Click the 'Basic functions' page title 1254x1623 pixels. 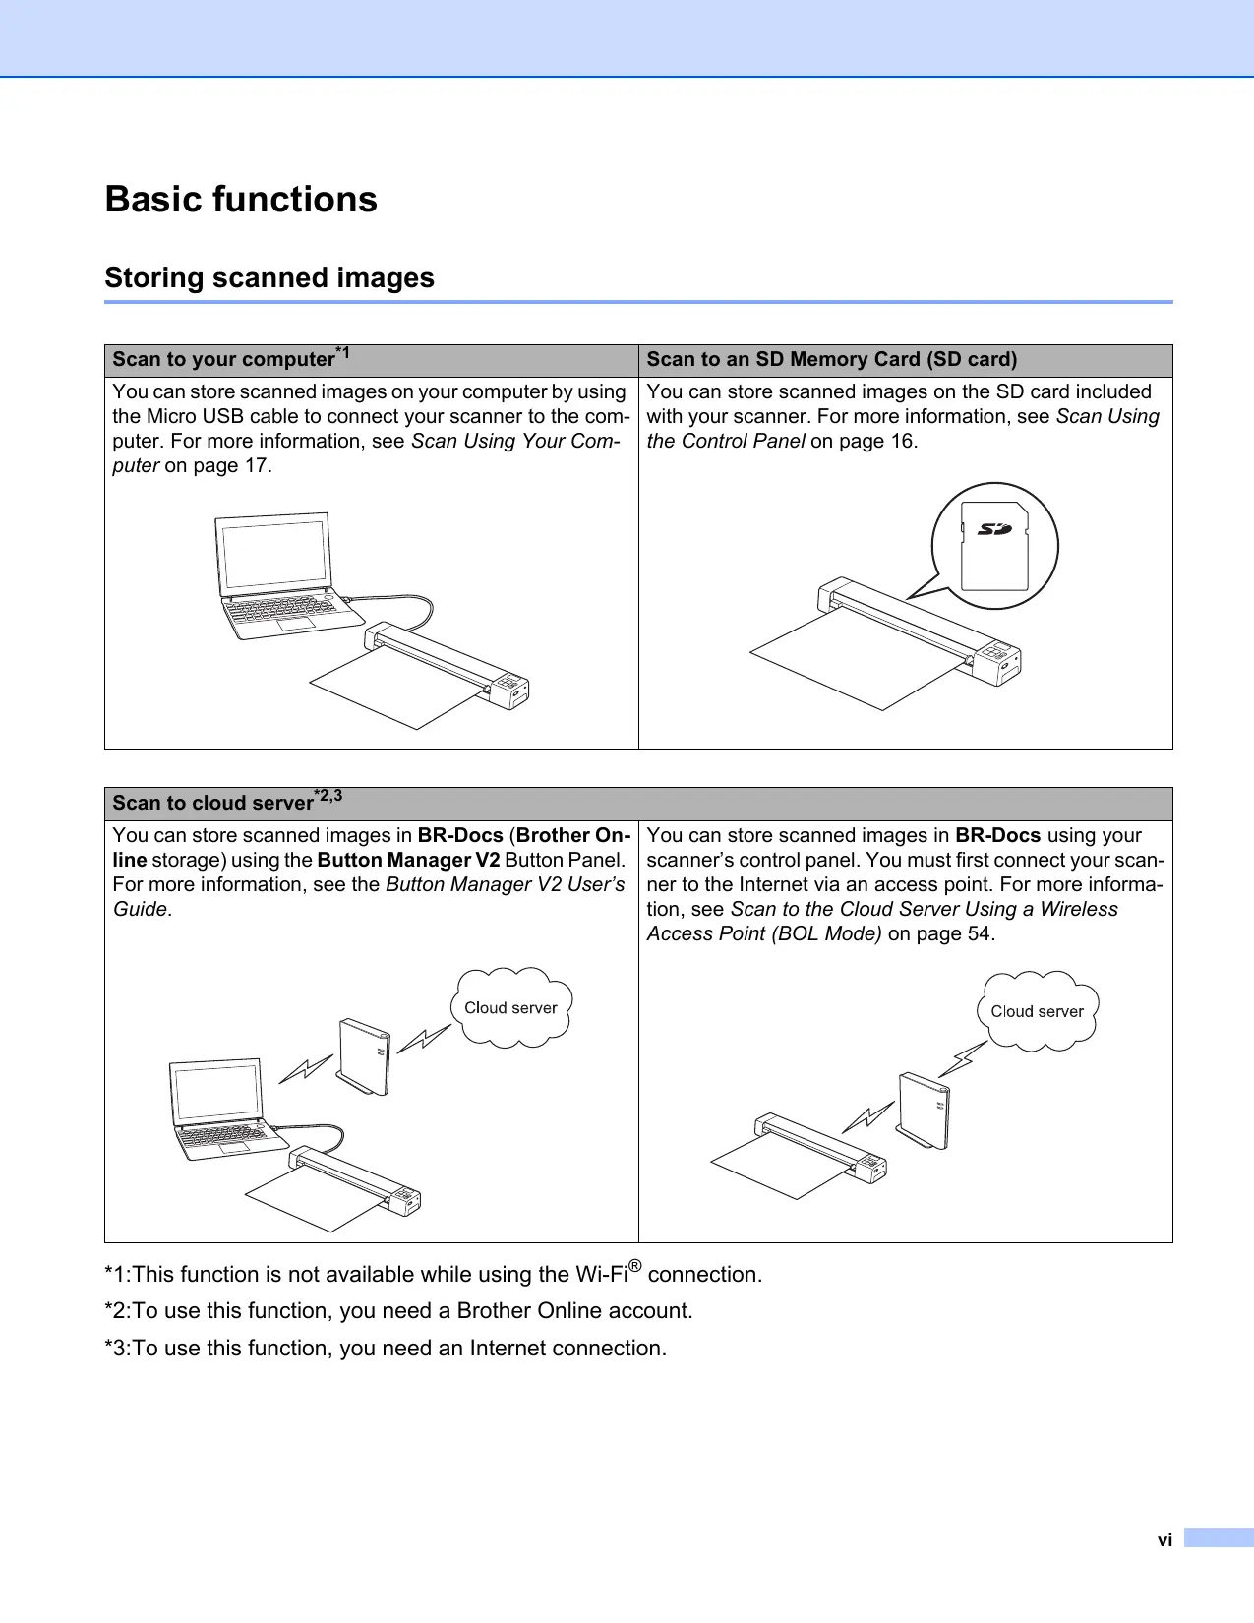241,200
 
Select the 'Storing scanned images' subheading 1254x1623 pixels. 269,278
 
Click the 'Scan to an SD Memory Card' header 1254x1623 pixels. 831,359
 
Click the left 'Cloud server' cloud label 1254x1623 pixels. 510,1008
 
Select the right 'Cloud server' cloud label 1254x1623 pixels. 1037,1012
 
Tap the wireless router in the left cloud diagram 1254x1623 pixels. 364,1056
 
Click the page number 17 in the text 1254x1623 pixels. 256,466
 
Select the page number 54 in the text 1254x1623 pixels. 979,934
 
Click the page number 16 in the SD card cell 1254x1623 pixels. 902,442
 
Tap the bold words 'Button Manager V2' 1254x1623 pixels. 408,861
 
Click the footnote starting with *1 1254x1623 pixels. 433,1275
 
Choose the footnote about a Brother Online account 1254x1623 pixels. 398,1311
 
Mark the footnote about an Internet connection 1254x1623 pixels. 386,1349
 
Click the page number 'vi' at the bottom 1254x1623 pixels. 1164,1540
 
